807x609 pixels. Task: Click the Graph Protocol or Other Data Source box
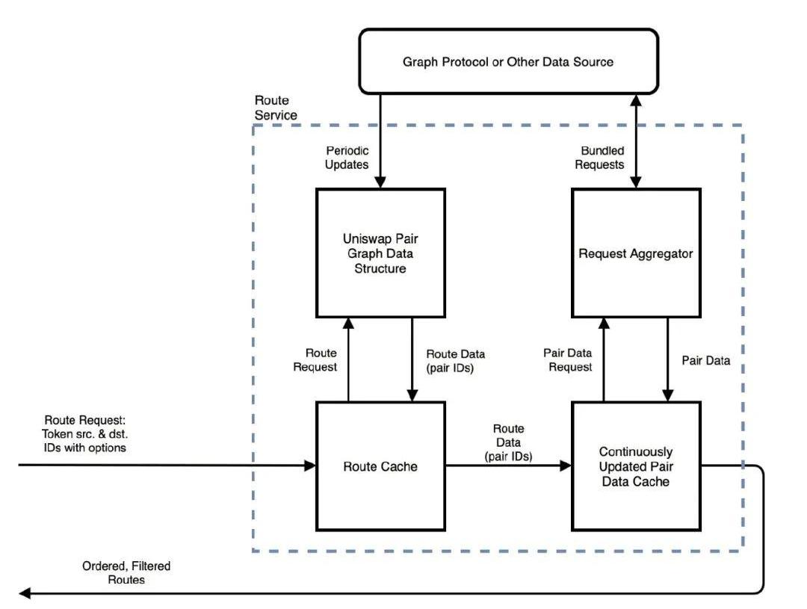tap(508, 61)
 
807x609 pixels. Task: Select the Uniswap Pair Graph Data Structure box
tap(380, 253)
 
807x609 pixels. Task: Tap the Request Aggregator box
tap(636, 253)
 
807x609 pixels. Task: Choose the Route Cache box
tap(380, 466)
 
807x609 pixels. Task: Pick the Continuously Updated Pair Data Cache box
tap(636, 466)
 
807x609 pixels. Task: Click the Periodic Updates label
tap(347, 158)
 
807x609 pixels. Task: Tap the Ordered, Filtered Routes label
tap(126, 572)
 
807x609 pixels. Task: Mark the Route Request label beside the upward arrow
tap(321, 360)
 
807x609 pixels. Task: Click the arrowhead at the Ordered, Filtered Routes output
tap(25, 593)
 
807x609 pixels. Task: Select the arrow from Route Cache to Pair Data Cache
tap(508, 466)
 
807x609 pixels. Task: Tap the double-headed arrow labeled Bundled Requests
tap(636, 142)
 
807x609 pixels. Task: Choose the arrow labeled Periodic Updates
tap(380, 142)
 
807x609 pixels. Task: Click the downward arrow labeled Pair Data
tap(668, 359)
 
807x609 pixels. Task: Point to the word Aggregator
tap(664, 253)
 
